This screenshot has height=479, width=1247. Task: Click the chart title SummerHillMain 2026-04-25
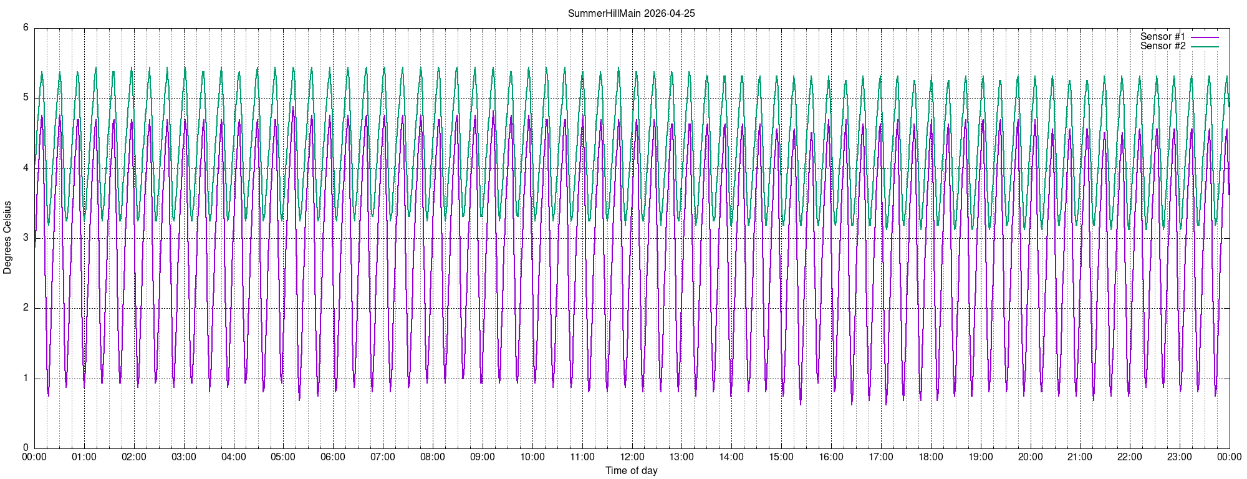(631, 13)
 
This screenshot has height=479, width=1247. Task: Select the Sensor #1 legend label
(1163, 37)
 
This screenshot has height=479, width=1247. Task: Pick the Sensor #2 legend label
(1163, 46)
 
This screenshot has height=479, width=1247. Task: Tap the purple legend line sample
(1205, 37)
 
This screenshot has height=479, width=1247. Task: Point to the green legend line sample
(1205, 47)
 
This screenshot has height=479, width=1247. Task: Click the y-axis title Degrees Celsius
(7, 237)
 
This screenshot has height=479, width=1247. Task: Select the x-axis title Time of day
(631, 470)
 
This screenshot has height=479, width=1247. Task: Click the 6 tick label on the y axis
(26, 27)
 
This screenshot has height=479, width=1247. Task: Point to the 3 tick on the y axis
(26, 238)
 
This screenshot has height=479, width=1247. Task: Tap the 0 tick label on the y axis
(26, 448)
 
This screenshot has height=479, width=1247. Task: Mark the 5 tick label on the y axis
(26, 98)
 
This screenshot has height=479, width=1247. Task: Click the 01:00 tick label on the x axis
(84, 457)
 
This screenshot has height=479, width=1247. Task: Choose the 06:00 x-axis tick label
(333, 457)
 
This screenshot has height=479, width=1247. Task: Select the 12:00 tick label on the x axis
(632, 457)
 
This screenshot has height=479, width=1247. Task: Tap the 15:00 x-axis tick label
(781, 457)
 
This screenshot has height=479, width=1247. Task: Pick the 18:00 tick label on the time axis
(931, 457)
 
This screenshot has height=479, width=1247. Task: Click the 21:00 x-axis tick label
(1080, 457)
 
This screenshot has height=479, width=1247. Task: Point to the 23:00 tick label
(1180, 457)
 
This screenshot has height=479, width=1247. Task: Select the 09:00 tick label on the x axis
(483, 457)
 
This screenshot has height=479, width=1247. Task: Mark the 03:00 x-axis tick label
(184, 457)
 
